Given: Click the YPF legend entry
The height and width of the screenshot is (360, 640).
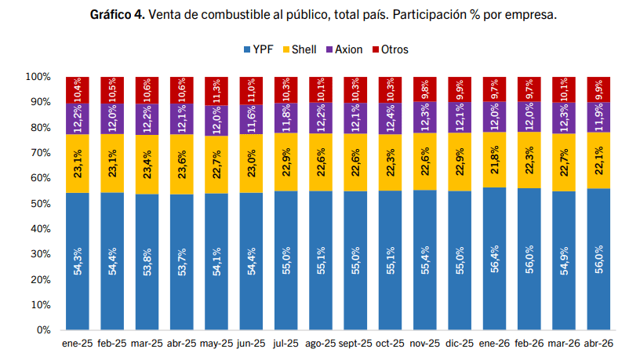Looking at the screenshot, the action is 258,49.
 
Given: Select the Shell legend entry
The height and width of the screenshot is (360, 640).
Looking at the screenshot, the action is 299,49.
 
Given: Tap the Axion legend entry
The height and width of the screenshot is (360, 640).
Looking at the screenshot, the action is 344,49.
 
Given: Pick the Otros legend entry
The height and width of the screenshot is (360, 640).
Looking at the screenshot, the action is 391,49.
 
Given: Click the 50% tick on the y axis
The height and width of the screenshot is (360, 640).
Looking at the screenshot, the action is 41,203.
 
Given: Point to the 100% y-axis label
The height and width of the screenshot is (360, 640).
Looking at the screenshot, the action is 38,77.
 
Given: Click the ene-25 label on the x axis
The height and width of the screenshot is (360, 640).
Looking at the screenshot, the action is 77,344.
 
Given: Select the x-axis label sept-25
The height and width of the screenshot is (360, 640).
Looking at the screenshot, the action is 355,344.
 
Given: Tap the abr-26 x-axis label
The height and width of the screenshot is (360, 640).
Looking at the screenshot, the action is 598,344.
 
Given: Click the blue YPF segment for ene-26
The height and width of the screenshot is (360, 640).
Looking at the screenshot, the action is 494,258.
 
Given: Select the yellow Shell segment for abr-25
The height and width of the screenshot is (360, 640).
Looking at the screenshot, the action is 182,164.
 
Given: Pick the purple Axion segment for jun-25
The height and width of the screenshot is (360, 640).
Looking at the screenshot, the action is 251,119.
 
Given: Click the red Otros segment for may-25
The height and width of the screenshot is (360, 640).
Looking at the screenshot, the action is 216,91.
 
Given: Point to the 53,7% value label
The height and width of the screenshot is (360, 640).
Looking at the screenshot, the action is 182,262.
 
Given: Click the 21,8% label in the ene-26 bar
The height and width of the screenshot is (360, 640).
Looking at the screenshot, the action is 494,159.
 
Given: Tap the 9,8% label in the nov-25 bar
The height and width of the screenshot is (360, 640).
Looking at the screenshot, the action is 425,89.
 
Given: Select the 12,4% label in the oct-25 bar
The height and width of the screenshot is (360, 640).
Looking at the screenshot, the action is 391,118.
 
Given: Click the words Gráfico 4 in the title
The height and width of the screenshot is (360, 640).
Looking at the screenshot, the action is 118,15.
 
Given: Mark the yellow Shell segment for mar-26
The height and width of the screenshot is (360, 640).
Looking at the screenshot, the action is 564,162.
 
